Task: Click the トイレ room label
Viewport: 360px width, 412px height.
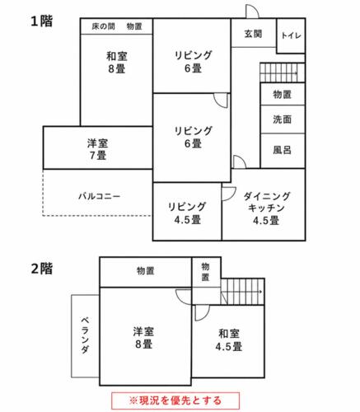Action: coord(291,35)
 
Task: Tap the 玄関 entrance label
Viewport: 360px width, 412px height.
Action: coord(253,34)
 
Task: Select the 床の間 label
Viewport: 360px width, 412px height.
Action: coord(103,26)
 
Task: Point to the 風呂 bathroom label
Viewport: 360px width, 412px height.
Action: coord(282,150)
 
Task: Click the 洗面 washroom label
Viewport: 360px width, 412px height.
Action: coord(282,119)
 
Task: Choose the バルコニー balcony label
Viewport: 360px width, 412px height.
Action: coord(100,196)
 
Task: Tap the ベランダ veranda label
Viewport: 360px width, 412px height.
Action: coord(85,335)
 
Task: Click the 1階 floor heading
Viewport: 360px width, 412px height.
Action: coord(41,21)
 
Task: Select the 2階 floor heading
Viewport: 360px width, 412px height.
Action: coord(41,269)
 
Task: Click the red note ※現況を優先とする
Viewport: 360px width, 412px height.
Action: coord(175,400)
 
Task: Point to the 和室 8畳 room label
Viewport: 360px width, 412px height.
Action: coord(117,63)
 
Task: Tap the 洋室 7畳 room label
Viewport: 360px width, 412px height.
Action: coord(98,149)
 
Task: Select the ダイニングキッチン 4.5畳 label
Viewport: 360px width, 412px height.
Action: coord(266,208)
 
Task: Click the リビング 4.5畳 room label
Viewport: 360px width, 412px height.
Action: coord(187,213)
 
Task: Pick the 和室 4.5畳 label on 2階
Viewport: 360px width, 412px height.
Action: coord(229,340)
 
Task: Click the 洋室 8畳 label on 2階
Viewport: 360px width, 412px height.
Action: coord(143,338)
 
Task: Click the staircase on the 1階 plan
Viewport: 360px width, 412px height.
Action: coord(283,73)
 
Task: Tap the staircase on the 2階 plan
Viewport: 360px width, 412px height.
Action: coord(242,292)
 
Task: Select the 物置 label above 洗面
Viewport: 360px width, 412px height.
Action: coord(282,94)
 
